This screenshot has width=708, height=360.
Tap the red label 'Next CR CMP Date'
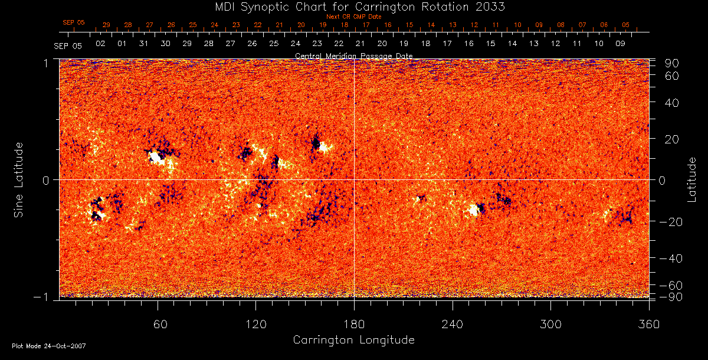click(353, 17)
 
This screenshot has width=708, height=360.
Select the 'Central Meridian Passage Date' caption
click(353, 55)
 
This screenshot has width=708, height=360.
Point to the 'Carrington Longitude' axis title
click(353, 340)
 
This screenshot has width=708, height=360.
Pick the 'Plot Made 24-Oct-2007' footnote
click(49, 346)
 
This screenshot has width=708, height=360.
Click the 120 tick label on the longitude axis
click(255, 324)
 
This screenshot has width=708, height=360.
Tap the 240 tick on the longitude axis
click(452, 324)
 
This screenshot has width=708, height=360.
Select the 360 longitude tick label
click(648, 324)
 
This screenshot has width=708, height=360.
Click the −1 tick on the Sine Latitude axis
click(45, 297)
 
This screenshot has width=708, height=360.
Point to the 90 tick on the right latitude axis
click(673, 63)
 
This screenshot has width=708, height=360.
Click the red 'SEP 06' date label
click(74, 22)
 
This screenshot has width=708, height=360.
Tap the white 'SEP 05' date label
click(67, 45)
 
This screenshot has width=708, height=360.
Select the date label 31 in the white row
click(143, 44)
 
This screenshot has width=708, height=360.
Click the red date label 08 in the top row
click(560, 25)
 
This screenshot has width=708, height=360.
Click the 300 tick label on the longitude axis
click(550, 324)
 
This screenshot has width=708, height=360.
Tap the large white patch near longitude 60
click(156, 157)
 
